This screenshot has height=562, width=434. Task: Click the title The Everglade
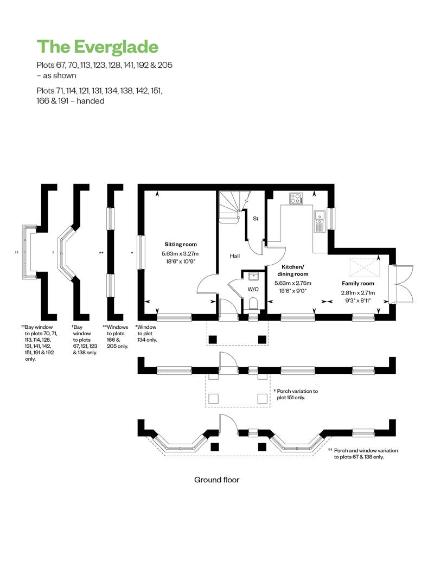pos(98,47)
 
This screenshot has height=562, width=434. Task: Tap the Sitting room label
pos(181,245)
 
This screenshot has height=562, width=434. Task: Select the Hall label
pos(235,256)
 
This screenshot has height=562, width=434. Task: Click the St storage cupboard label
pos(256,219)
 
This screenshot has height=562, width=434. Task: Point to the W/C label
pos(253,289)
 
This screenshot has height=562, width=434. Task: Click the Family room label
pos(358,284)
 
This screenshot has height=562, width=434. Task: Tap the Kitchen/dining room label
pos(293,270)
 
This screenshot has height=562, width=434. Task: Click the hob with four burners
pos(296,199)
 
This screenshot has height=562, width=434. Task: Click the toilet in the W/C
pos(253,303)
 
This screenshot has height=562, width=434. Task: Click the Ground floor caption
pos(217,480)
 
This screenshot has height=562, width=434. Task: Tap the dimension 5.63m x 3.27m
pos(180,254)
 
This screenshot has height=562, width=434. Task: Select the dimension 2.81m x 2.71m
pos(358,293)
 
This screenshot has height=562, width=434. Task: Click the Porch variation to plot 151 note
pos(296,394)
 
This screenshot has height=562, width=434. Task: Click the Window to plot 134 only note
pos(146,333)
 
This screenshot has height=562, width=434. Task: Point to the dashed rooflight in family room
pos(365,268)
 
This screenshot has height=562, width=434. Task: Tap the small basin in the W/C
pos(253,276)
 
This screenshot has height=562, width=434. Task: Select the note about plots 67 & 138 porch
pos(363,454)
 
